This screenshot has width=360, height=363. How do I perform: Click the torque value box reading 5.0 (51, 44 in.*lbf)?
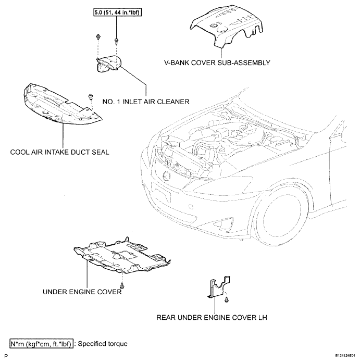tap(117, 12)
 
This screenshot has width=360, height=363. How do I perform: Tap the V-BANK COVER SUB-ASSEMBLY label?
tap(217, 62)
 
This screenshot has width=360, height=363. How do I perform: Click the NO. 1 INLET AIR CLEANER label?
tap(146, 102)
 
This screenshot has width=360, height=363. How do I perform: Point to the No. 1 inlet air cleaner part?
tap(109, 64)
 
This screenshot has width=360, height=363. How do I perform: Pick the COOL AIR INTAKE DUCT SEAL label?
tap(59, 152)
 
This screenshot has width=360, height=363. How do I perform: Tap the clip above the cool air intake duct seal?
tap(91, 97)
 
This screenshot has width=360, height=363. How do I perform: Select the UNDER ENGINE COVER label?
tap(82, 292)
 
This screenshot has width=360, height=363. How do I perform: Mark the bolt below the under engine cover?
tap(122, 286)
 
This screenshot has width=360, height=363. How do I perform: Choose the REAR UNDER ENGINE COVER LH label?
tap(212, 317)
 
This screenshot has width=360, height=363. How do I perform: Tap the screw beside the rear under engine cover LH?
tap(227, 299)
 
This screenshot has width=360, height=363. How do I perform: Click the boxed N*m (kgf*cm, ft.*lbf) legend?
tap(42, 344)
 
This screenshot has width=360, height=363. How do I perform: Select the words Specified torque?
tap(103, 344)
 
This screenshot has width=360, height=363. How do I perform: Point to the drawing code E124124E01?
tap(345, 355)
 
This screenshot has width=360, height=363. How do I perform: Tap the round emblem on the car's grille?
tap(166, 175)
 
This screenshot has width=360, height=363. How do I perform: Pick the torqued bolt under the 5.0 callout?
tap(117, 42)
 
